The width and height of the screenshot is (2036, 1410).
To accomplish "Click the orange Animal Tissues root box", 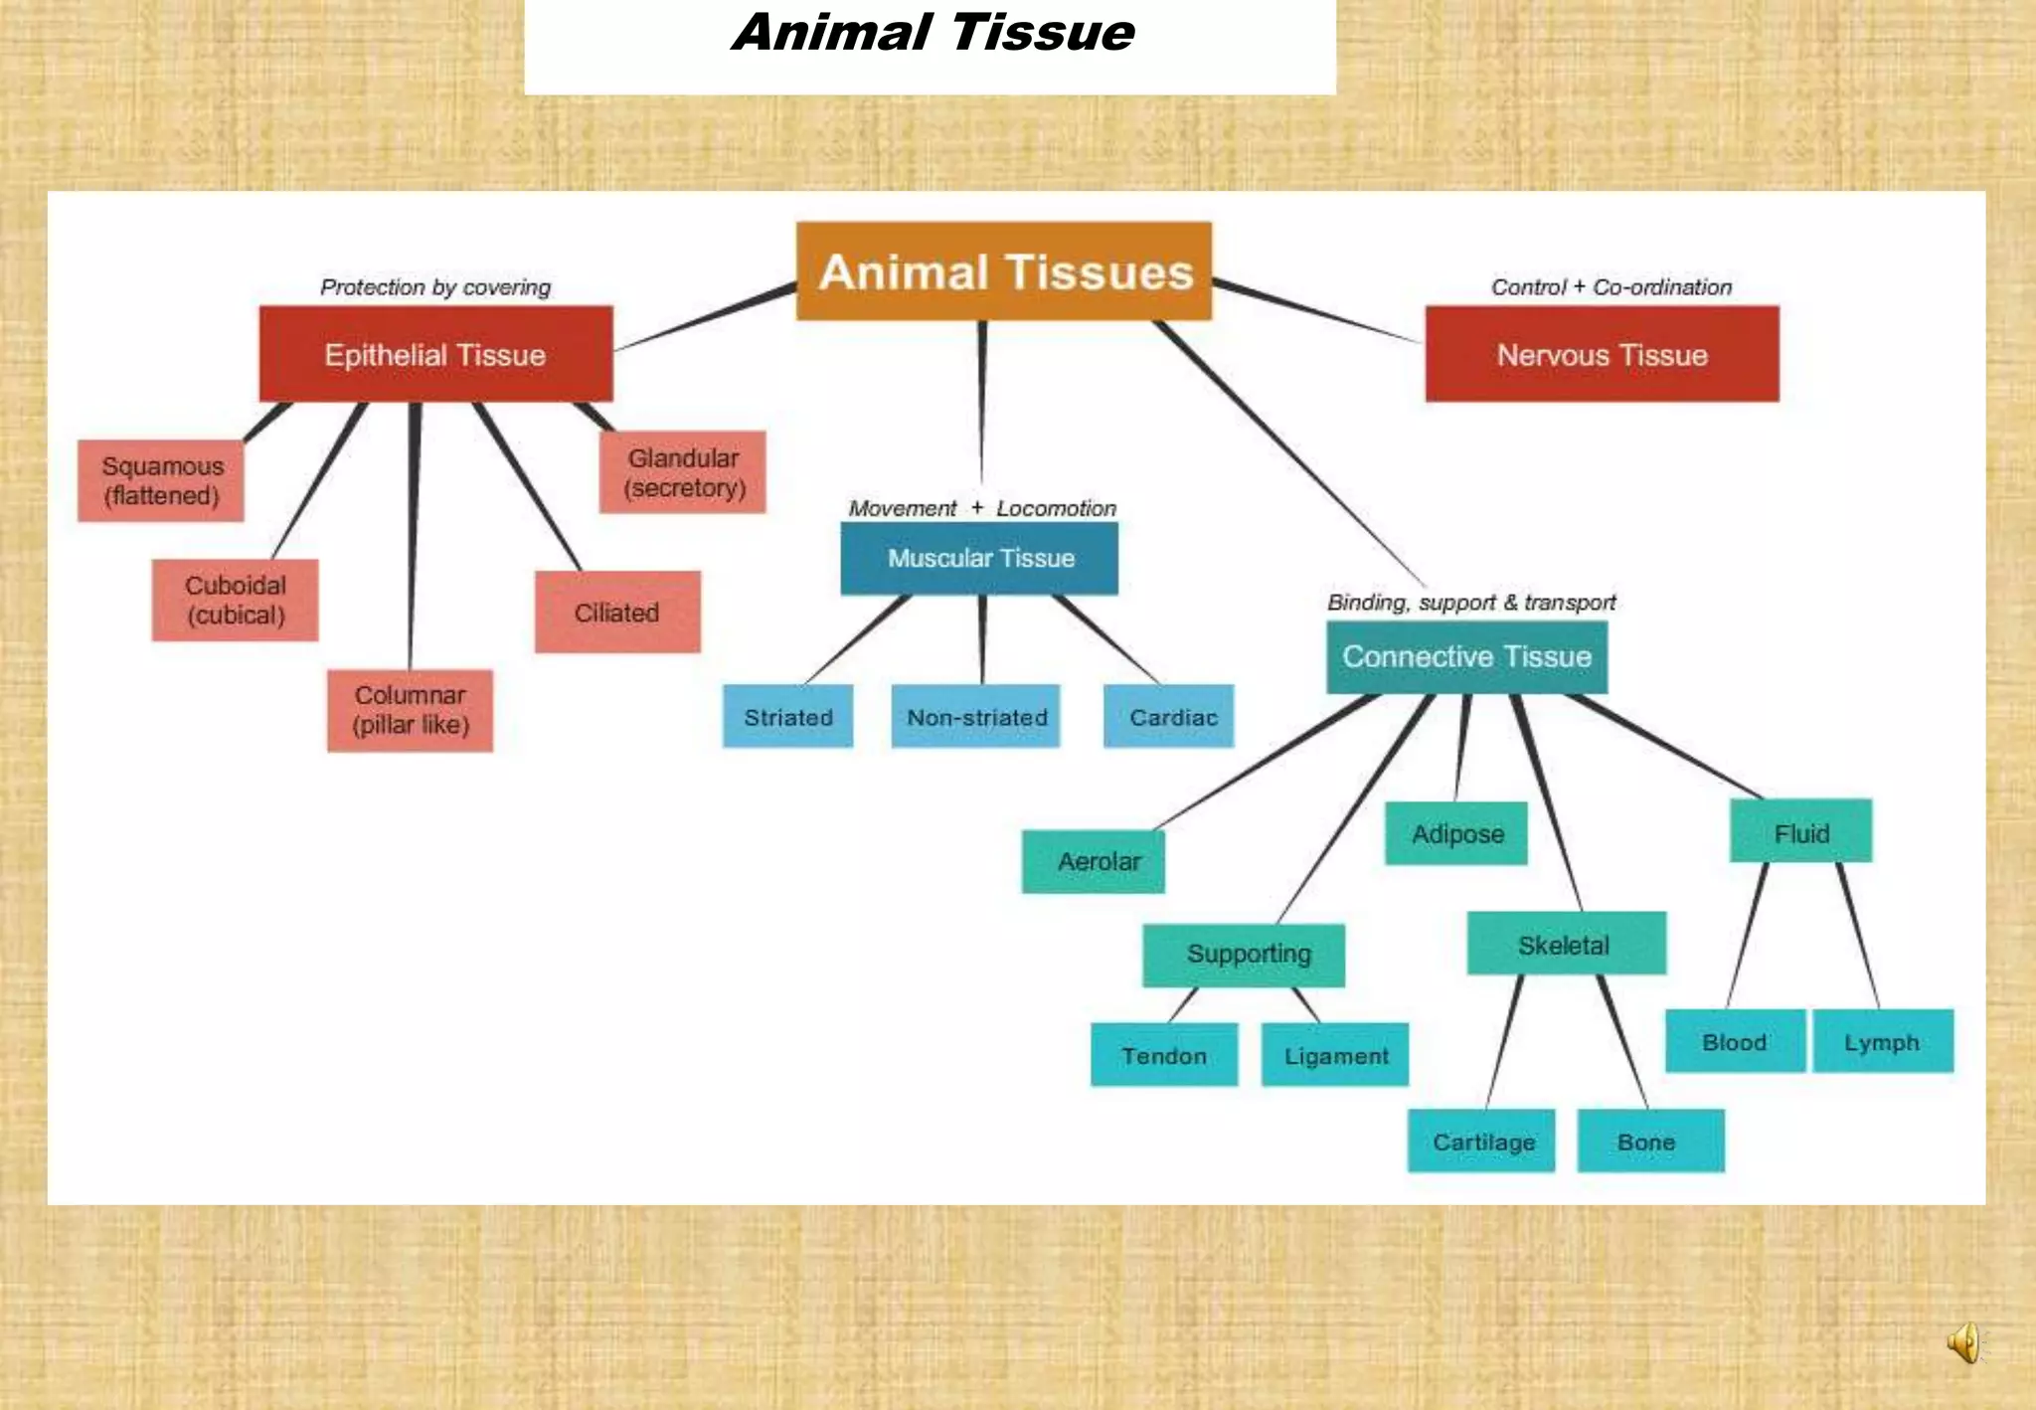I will click(1004, 271).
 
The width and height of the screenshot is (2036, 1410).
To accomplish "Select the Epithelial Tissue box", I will click(435, 355).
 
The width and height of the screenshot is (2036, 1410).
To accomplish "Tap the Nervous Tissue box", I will click(1602, 355).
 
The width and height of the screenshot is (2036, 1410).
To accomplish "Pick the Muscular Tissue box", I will click(980, 558).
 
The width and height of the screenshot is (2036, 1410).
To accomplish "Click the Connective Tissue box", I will click(1466, 656).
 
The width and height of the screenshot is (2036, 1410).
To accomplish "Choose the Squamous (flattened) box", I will click(161, 480).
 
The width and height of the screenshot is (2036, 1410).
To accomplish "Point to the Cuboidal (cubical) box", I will click(236, 600).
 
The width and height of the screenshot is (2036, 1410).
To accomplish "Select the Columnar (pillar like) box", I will click(410, 710).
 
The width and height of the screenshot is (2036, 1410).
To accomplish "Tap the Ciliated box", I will click(617, 612).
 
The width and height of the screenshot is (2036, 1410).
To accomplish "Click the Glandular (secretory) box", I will click(683, 472).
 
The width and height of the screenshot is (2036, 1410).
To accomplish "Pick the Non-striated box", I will click(976, 716).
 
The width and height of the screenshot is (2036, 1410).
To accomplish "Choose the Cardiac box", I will click(1169, 716).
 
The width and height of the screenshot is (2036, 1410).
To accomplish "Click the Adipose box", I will click(1456, 833).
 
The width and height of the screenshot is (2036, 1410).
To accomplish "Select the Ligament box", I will click(1335, 1055).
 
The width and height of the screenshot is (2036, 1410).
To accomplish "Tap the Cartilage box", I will click(1481, 1141).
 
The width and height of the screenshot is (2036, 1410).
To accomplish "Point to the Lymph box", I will click(1883, 1041).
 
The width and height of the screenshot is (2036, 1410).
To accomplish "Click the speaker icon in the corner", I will click(1964, 1343).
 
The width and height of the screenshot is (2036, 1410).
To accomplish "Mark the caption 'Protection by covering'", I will click(435, 287).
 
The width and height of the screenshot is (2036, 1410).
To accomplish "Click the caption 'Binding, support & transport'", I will click(1471, 603).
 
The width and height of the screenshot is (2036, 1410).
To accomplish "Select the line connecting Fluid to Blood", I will click(1748, 935).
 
